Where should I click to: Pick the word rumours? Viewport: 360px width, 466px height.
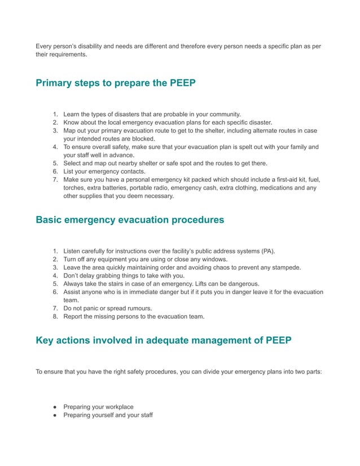click(x=138, y=308)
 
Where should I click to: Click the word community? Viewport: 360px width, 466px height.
click(x=221, y=114)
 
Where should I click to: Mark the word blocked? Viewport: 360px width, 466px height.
click(x=142, y=138)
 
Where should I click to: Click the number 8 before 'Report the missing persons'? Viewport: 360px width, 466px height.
click(x=55, y=316)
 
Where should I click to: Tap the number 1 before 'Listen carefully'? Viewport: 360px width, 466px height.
click(x=55, y=250)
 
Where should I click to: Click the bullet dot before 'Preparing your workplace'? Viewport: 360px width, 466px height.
click(x=55, y=407)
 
